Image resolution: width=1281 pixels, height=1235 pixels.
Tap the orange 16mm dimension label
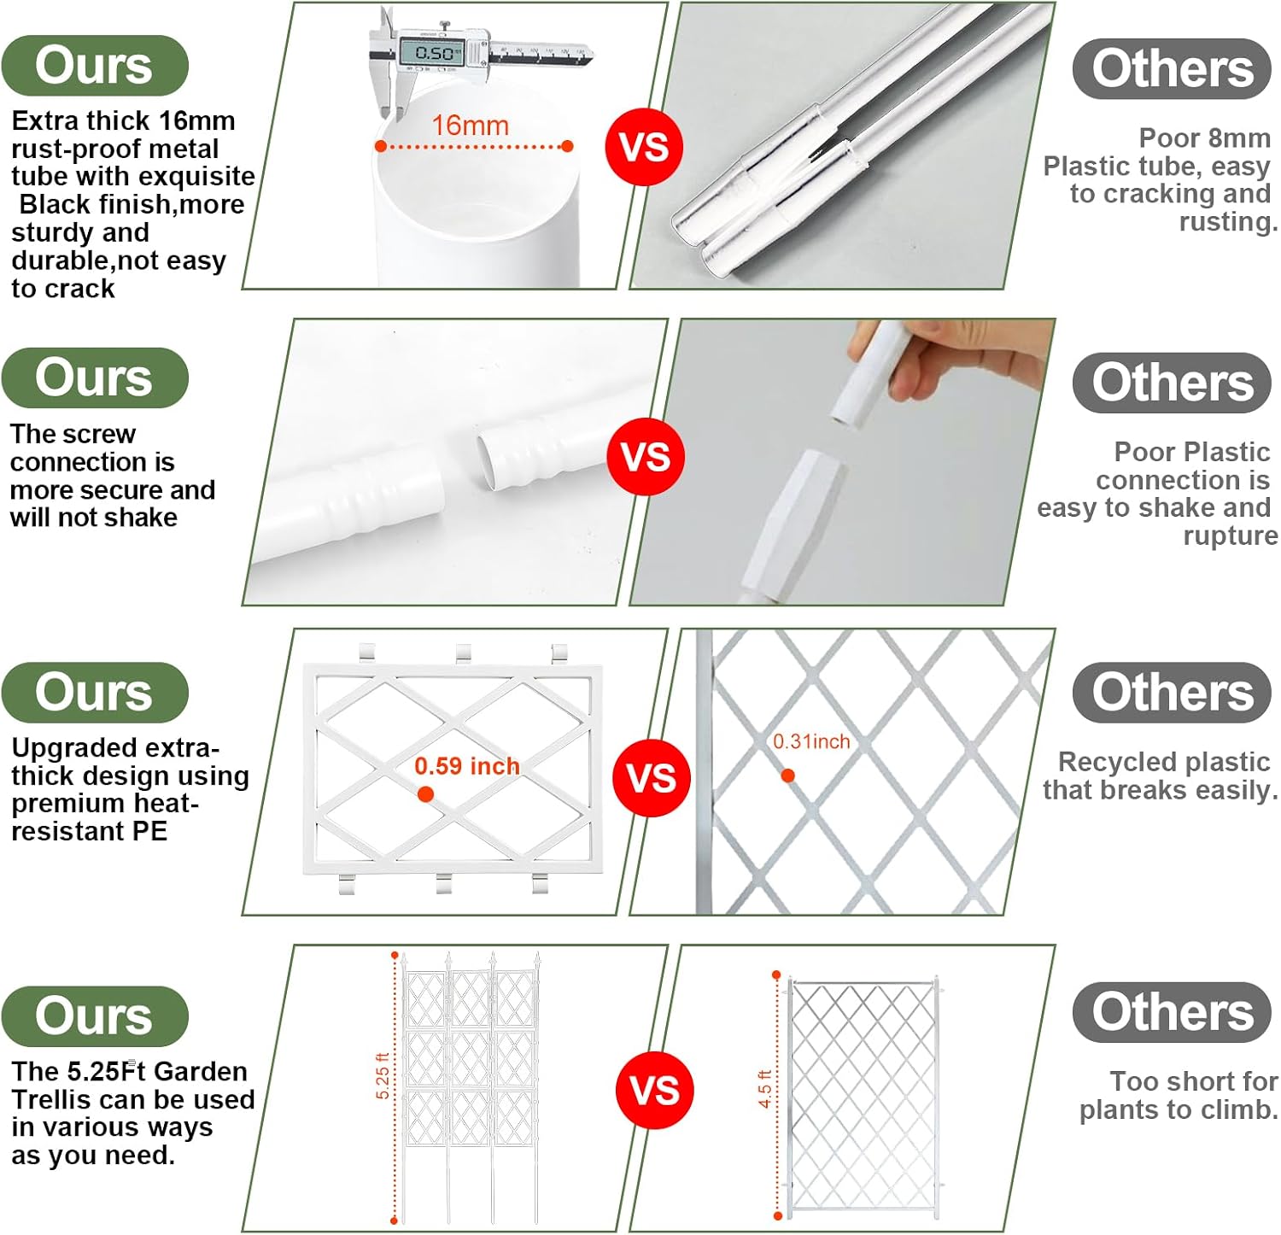tap(471, 126)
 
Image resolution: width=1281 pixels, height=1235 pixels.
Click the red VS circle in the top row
tap(643, 146)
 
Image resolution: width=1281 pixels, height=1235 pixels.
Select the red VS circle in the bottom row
tap(654, 1090)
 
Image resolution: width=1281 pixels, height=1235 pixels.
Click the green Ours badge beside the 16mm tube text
tap(95, 66)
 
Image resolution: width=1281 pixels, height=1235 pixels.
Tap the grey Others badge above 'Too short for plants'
tap(1172, 1012)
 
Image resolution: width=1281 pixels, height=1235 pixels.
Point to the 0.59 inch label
tap(467, 766)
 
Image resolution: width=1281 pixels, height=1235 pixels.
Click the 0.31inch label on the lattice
tap(811, 741)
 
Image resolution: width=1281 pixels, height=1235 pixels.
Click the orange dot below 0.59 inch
tap(425, 794)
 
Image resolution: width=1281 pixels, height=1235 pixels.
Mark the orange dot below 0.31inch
tap(788, 776)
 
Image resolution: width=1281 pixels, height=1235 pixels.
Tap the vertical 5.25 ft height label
tap(383, 1076)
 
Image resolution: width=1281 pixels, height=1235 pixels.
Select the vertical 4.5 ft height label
tap(764, 1089)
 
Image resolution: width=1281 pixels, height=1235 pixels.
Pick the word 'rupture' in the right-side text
tap(1231, 536)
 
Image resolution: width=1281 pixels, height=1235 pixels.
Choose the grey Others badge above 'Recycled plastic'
tap(1172, 693)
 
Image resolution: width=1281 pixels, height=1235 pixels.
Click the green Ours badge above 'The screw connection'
tap(95, 378)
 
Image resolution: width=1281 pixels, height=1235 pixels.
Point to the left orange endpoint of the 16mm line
tap(381, 146)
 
